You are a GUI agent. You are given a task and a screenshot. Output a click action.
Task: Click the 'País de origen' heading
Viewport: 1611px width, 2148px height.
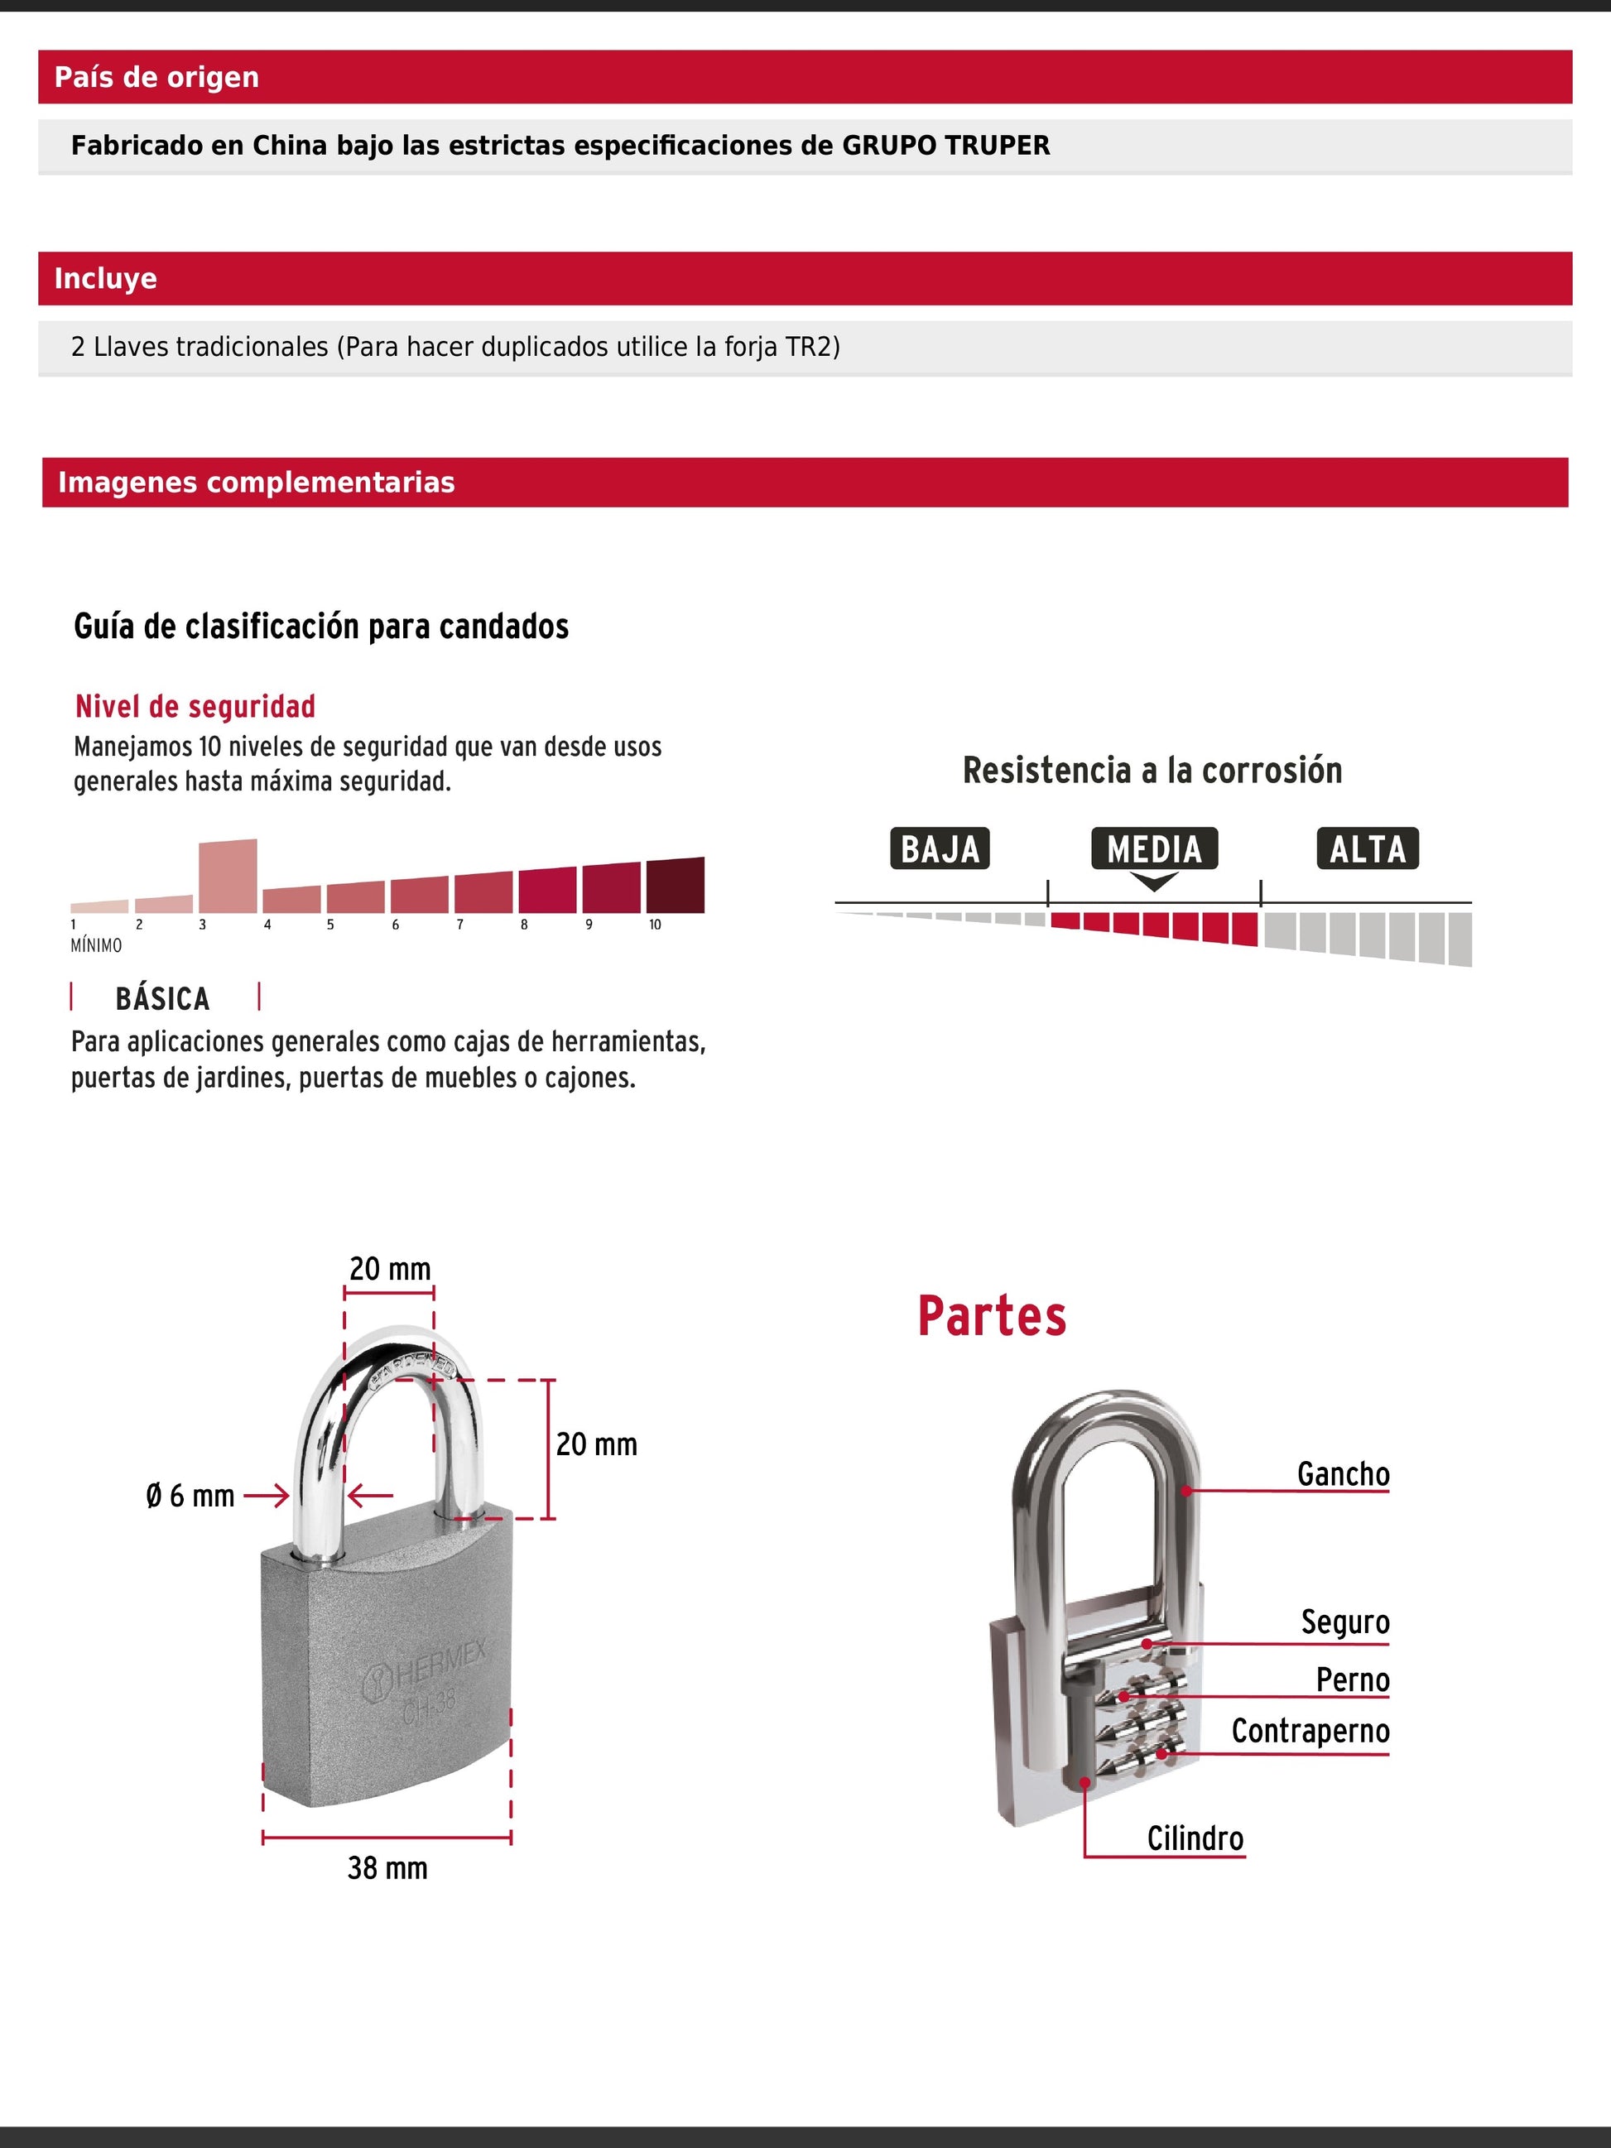coord(156,78)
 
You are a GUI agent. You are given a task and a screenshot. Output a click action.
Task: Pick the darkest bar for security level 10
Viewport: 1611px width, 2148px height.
coord(675,886)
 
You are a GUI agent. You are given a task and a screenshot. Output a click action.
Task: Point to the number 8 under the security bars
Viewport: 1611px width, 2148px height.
coord(524,925)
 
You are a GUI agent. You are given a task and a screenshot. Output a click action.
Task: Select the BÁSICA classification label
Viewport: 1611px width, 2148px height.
coord(162,999)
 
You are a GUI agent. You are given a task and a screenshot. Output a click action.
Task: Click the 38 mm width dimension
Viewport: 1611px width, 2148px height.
coord(387,1868)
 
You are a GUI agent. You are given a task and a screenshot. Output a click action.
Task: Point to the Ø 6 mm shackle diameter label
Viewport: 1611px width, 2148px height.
coord(190,1497)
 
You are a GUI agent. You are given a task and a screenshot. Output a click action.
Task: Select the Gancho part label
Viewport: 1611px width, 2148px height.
coord(1343,1474)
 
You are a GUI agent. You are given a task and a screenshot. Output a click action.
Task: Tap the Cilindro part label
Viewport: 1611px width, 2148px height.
coord(1195,1838)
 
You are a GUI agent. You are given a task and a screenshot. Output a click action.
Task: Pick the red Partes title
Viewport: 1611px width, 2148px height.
coord(992,1317)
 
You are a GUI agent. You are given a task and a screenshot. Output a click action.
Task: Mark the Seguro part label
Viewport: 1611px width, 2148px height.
coord(1345,1622)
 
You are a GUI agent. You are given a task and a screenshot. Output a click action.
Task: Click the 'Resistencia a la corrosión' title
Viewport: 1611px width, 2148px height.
coord(1152,771)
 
